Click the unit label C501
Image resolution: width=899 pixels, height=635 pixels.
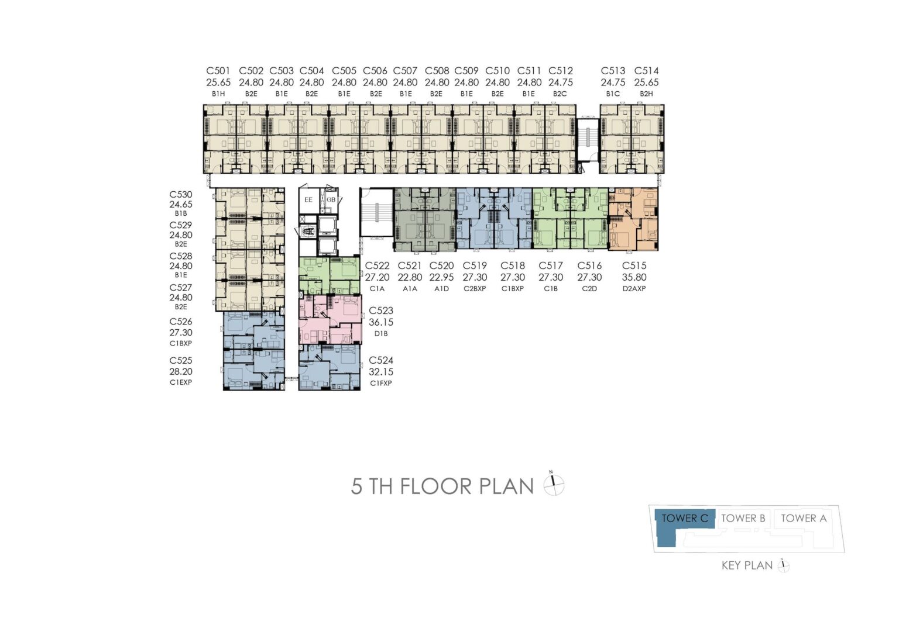[218, 71]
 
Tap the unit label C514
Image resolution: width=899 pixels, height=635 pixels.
[646, 71]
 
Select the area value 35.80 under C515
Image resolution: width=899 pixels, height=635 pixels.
[634, 277]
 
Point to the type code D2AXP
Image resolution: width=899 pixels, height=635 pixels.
[634, 289]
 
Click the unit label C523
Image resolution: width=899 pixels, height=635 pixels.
[381, 310]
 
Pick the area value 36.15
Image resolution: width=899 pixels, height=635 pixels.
[381, 322]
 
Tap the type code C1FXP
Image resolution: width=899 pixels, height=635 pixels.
[381, 383]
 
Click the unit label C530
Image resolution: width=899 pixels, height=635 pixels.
[181, 195]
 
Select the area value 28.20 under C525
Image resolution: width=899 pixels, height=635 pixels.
[181, 372]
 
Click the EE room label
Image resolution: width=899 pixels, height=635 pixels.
[308, 199]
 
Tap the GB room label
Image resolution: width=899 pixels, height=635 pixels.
[331, 199]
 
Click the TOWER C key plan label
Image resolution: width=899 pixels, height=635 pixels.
[685, 518]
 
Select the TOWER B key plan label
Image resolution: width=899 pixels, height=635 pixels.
[743, 518]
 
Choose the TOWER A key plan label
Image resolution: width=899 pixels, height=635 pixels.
[804, 518]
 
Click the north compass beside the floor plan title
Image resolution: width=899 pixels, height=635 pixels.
[554, 484]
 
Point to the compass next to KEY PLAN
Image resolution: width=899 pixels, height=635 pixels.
[784, 565]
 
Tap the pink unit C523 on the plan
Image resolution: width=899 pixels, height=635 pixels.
[330, 319]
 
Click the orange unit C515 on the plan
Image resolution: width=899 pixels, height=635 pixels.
[633, 219]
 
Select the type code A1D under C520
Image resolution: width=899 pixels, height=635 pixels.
[441, 289]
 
